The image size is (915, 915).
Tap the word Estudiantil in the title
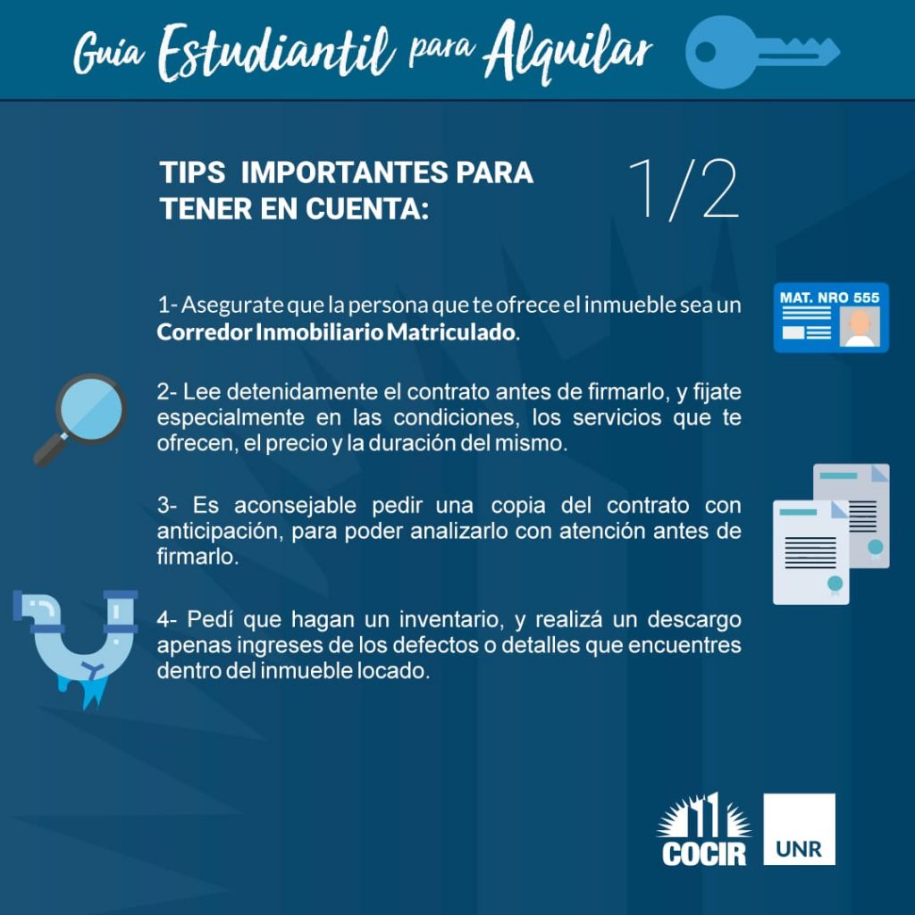pos(276,53)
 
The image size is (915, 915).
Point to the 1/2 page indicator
pos(684,189)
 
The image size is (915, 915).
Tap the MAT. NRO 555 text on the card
pos(829,298)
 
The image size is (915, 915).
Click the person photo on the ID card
pos(860,327)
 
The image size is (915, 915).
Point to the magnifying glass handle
pos(50,449)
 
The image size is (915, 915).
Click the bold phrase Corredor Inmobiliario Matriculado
pos(336,332)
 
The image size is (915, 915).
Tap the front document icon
pos(810,552)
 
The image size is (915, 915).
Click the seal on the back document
pos(876,548)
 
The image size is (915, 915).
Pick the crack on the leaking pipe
pos(92,669)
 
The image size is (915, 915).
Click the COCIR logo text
pos(704,853)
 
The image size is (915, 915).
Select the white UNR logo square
pos(799,828)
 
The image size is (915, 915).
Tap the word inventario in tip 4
pos(451,619)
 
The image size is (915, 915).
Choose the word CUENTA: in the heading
pos(367,209)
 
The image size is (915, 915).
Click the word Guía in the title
pos(109,54)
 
